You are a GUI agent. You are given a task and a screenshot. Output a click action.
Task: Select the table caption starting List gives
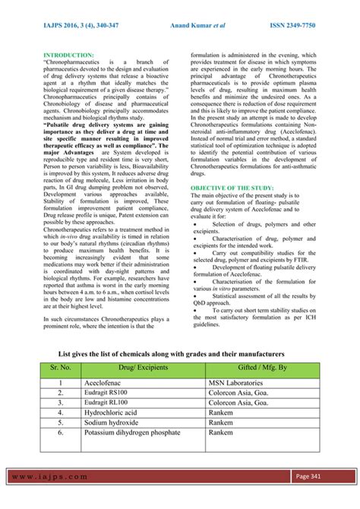tap(172, 354)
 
